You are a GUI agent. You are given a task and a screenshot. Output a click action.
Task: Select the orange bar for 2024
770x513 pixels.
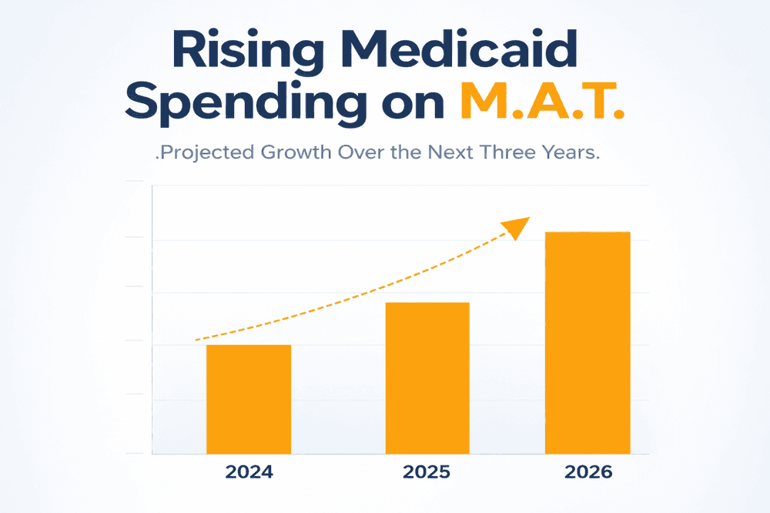(x=249, y=399)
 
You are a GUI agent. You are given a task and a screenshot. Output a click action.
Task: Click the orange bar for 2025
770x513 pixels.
(x=427, y=377)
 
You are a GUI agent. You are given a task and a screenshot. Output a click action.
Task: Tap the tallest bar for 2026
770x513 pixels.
(x=588, y=343)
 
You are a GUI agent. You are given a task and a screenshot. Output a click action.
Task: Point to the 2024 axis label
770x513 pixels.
(x=249, y=473)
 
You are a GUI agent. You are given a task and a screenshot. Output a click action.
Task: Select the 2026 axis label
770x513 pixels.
(x=588, y=473)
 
